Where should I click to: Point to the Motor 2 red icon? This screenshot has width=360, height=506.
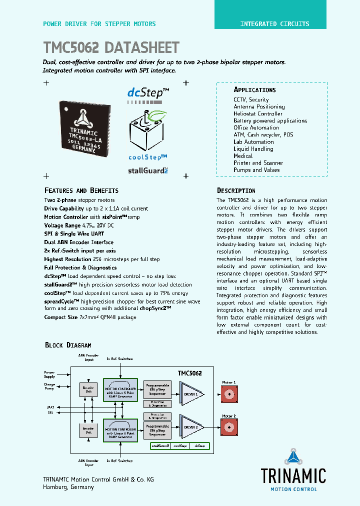click(x=229, y=427)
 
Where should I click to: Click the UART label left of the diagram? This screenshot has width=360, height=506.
click(x=49, y=407)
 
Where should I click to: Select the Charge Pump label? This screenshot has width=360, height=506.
click(x=49, y=386)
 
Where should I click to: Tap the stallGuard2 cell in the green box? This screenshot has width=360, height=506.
click(x=160, y=445)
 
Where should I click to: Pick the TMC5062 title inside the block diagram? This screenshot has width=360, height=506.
click(x=190, y=373)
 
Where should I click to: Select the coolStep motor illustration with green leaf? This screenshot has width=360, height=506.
click(x=148, y=131)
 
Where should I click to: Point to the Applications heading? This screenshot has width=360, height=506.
click(x=254, y=90)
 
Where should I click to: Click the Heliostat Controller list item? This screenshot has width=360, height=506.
click(x=258, y=113)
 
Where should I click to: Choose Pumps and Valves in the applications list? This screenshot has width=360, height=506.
click(x=256, y=170)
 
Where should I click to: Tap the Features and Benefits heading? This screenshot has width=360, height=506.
click(x=81, y=190)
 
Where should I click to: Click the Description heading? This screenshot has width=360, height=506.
click(x=236, y=190)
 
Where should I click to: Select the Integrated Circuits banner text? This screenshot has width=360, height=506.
click(x=274, y=23)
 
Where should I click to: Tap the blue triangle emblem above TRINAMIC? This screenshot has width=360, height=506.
click(x=293, y=457)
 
